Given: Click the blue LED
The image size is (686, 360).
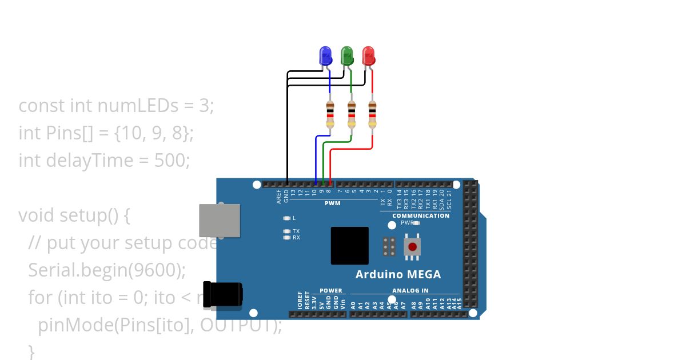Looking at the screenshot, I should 325,56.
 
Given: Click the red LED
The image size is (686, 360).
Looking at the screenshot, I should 369,56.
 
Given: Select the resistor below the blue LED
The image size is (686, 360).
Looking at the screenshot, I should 330,114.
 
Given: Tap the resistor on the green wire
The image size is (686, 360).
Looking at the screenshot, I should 351,114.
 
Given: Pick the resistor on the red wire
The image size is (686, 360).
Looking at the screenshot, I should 372,114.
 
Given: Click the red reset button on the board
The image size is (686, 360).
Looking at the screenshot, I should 412,247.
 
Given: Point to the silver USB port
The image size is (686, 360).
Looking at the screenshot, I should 219,220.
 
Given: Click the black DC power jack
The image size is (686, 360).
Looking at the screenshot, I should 222,294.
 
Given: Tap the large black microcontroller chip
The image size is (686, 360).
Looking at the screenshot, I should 349,245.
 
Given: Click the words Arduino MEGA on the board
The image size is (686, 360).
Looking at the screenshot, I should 398,274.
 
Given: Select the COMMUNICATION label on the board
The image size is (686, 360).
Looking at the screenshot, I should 421,215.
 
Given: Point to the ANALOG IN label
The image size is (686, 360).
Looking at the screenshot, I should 410,291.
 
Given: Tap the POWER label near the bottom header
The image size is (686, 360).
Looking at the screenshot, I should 330,291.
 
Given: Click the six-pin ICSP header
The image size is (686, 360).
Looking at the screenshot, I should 389,246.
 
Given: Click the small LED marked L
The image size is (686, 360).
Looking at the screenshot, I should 286,218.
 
